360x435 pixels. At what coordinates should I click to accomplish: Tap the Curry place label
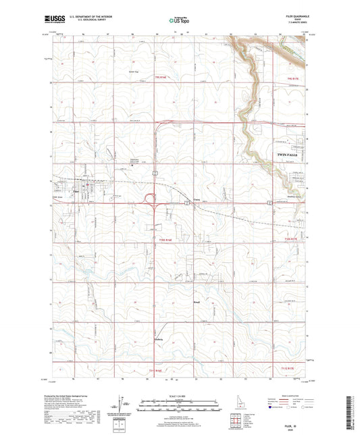[x=197, y=199]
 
